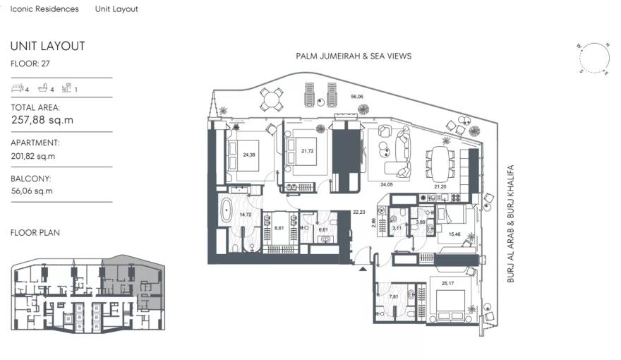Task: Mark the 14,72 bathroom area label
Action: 246,214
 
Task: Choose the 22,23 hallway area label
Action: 359,212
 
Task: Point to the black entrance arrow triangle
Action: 363,268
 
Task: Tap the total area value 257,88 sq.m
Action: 42,120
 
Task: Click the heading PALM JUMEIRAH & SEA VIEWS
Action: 354,56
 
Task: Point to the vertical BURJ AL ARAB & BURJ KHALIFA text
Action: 512,224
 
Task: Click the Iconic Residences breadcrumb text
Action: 44,9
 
